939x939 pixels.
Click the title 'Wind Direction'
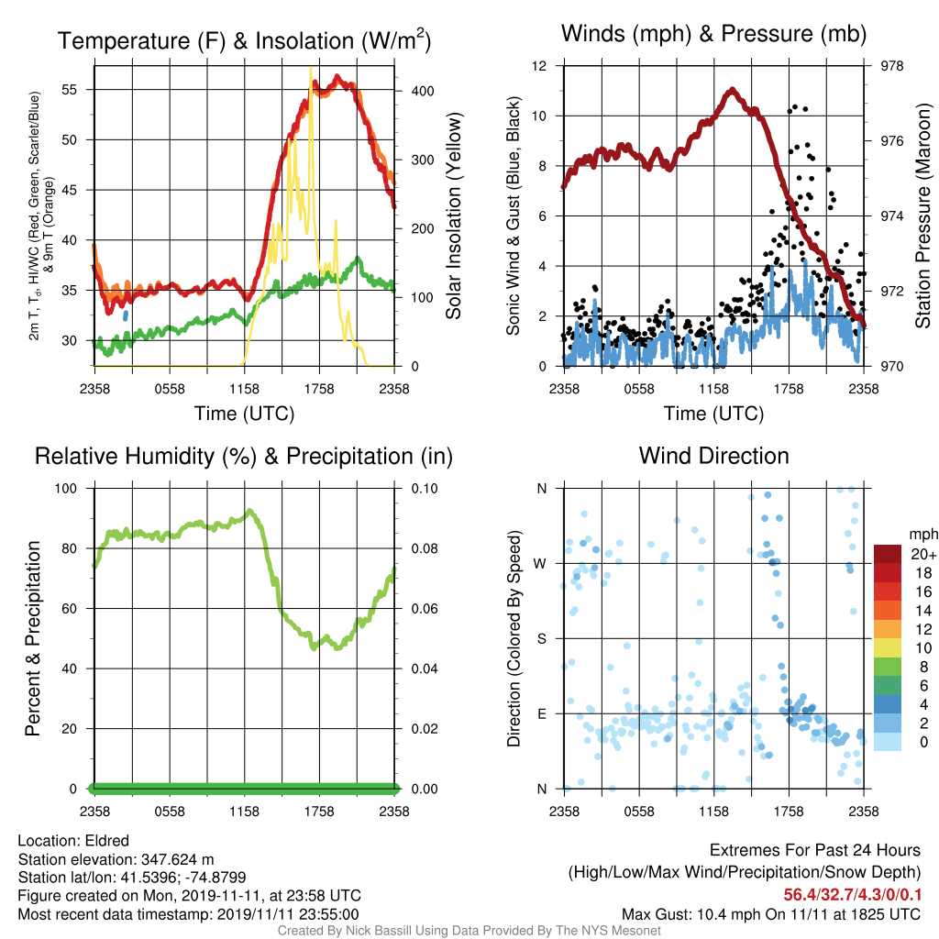coord(713,456)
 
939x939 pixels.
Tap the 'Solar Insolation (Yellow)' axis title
coord(454,215)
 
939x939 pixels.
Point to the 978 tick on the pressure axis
coord(891,66)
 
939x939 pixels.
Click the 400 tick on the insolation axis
coord(423,91)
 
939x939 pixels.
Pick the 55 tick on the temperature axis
coord(70,90)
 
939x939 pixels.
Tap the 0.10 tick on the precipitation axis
coord(425,489)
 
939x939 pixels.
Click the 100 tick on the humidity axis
coord(66,489)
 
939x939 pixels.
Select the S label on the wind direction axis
coord(541,639)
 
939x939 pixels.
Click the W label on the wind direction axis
coord(540,564)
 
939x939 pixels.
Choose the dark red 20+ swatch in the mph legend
coord(888,554)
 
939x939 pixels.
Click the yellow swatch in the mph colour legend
coord(888,648)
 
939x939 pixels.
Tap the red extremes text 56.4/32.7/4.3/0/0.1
coord(852,895)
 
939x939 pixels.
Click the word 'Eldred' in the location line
coord(107,841)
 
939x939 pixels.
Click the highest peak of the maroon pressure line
coord(732,91)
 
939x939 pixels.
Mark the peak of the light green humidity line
coord(249,512)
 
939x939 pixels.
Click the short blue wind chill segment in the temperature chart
coord(125,315)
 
